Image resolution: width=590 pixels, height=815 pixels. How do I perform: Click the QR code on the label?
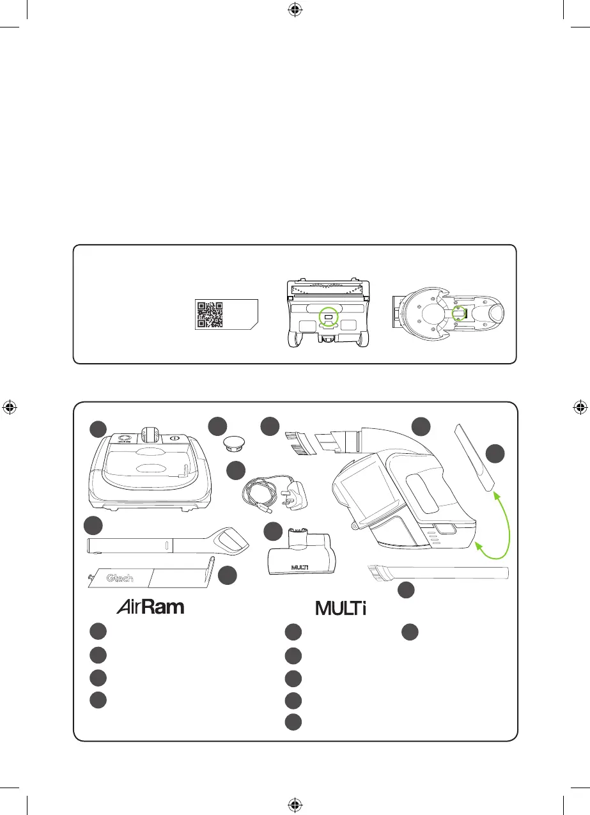210,314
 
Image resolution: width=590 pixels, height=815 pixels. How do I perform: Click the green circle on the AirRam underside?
328,316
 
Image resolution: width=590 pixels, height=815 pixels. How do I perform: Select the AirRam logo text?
150,607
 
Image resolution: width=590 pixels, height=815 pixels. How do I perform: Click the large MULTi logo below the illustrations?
341,608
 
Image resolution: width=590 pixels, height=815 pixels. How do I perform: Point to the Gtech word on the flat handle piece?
120,578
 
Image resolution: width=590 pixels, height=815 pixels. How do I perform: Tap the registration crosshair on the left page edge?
9,407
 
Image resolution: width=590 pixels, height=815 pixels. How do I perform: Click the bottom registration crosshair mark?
295,804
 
